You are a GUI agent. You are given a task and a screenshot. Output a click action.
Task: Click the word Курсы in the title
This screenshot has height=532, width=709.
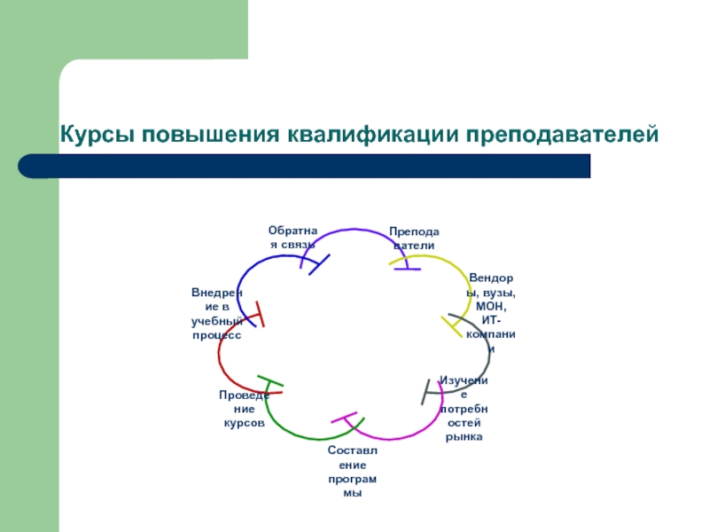(x=97, y=135)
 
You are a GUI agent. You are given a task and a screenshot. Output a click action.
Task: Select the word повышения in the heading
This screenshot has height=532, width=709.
(x=211, y=135)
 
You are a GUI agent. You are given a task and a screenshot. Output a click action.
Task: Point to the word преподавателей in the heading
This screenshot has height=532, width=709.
(x=562, y=135)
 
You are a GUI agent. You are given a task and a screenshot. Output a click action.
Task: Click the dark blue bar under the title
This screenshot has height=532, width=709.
(x=304, y=166)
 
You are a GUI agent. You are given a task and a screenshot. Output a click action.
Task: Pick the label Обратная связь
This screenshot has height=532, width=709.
(x=293, y=238)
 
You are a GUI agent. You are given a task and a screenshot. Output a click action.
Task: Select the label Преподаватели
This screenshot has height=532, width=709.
(x=414, y=239)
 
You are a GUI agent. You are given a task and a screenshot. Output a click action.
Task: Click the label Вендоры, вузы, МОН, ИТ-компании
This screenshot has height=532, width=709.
(x=491, y=313)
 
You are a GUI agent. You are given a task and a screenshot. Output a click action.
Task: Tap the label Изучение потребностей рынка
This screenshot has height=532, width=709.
(x=464, y=409)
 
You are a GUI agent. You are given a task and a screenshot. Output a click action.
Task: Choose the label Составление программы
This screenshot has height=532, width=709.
(x=352, y=472)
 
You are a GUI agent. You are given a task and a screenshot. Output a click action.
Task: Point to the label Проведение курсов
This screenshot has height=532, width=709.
(x=245, y=409)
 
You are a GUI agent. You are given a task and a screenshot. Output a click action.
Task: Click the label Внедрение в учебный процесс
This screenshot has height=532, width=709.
(x=217, y=314)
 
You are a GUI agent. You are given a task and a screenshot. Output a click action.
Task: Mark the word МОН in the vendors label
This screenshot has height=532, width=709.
(x=491, y=306)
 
